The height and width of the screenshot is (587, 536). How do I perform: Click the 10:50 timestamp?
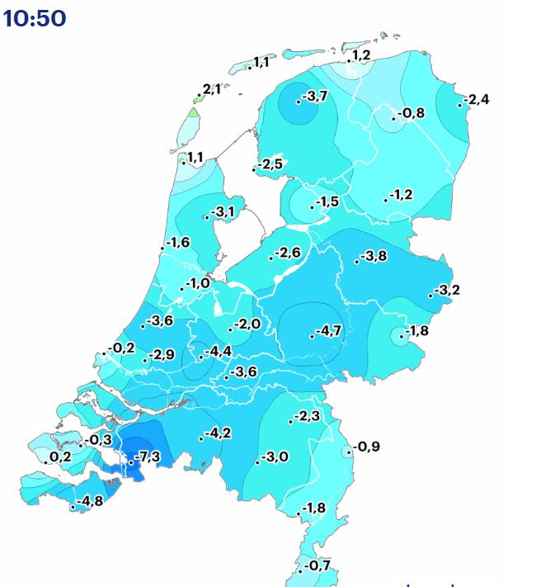click(x=35, y=17)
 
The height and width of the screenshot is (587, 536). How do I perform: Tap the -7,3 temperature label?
click(x=148, y=457)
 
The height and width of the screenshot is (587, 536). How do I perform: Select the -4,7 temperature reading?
click(x=328, y=332)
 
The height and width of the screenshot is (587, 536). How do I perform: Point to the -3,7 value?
click(x=315, y=97)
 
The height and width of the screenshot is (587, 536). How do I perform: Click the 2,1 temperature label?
click(x=212, y=89)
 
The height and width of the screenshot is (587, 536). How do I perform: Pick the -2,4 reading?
click(x=477, y=100)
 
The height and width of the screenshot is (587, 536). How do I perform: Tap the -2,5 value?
click(x=270, y=165)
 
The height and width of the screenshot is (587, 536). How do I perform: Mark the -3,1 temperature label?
click(x=223, y=213)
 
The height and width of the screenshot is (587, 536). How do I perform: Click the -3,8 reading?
click(x=374, y=256)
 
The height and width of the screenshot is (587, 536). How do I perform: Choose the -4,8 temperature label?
click(x=90, y=501)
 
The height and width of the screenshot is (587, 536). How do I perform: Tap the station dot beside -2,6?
click(x=271, y=258)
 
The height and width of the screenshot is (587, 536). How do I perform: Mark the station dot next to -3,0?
click(x=257, y=462)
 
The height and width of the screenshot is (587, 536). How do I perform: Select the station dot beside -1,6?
click(x=162, y=248)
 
